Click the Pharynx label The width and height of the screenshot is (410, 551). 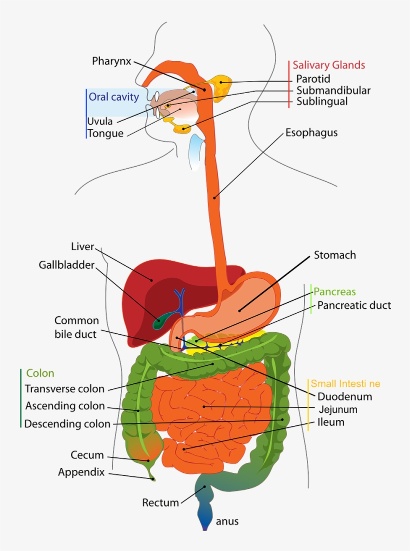111,61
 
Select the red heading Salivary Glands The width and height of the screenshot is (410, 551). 328,65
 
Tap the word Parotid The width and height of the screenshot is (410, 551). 313,79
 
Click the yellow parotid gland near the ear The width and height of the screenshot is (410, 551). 220,87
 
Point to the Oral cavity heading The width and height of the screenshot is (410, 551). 113,97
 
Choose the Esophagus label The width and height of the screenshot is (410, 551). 311,133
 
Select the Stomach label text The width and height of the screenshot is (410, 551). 334,255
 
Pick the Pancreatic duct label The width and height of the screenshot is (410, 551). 354,305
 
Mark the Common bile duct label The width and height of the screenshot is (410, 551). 76,327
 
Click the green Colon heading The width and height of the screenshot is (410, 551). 40,373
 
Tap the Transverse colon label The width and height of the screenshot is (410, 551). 64,389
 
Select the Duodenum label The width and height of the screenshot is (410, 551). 345,396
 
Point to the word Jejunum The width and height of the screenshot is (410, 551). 337,409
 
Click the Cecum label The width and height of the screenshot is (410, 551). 87,455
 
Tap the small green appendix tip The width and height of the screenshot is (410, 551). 153,479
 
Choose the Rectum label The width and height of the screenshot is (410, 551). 160,502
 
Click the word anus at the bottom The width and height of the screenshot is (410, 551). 227,521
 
